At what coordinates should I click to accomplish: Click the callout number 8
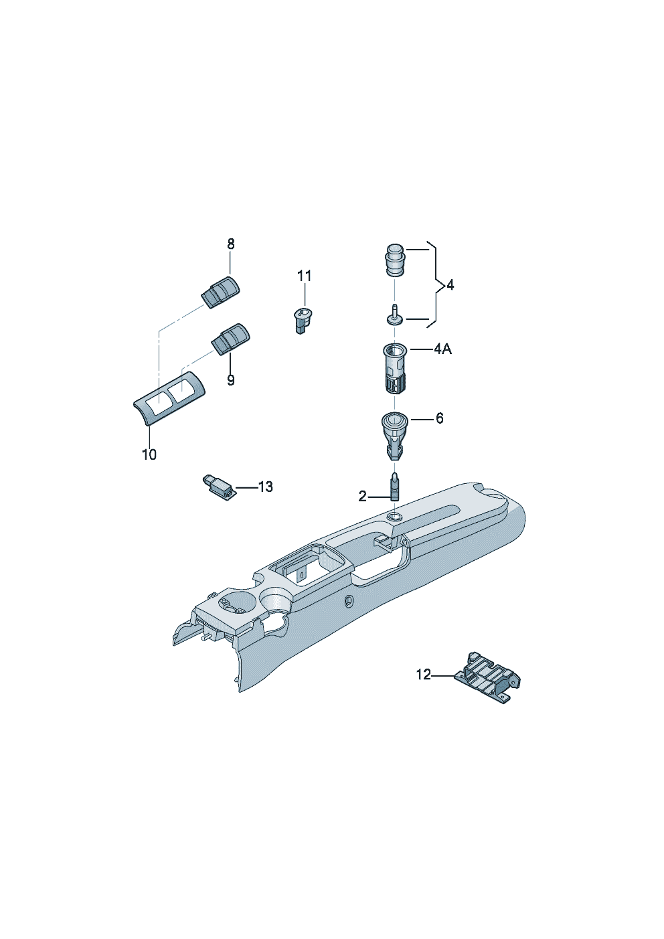click(231, 244)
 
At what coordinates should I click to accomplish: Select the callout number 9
click(230, 380)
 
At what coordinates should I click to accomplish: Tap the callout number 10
click(149, 454)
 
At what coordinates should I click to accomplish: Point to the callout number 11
click(305, 276)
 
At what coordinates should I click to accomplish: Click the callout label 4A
click(442, 349)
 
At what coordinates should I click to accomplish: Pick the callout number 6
click(439, 418)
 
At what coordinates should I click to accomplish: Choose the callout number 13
click(265, 487)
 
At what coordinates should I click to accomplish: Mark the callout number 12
click(424, 687)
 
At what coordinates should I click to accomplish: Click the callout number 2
click(363, 497)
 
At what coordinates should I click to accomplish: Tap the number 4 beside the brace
click(450, 286)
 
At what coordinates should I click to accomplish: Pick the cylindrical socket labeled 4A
click(395, 367)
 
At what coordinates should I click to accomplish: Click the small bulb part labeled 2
click(395, 487)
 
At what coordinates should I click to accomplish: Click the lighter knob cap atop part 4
click(395, 260)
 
